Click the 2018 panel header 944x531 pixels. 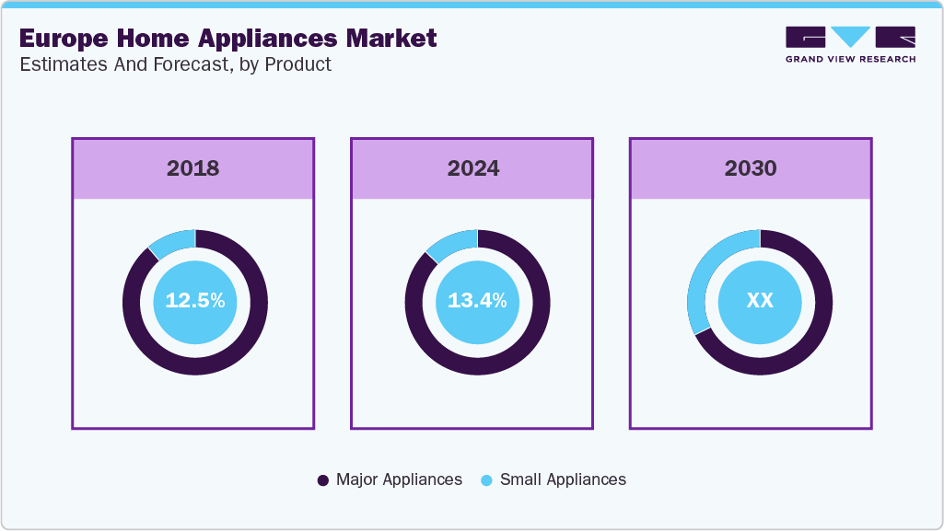click(x=193, y=168)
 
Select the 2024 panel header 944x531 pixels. click(x=472, y=168)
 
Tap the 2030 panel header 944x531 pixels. click(x=751, y=168)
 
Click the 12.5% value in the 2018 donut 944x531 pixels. click(x=195, y=301)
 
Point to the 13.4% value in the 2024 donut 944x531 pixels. click(x=477, y=301)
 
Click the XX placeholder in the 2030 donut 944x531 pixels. click(x=760, y=301)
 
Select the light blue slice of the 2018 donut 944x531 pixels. click(x=172, y=241)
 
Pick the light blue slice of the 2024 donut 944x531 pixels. click(x=452, y=242)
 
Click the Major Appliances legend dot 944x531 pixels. click(x=323, y=480)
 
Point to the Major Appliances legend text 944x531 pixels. click(x=399, y=479)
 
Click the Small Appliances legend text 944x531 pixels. click(x=563, y=479)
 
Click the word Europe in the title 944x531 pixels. click(x=65, y=40)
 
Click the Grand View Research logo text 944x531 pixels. click(x=850, y=59)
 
